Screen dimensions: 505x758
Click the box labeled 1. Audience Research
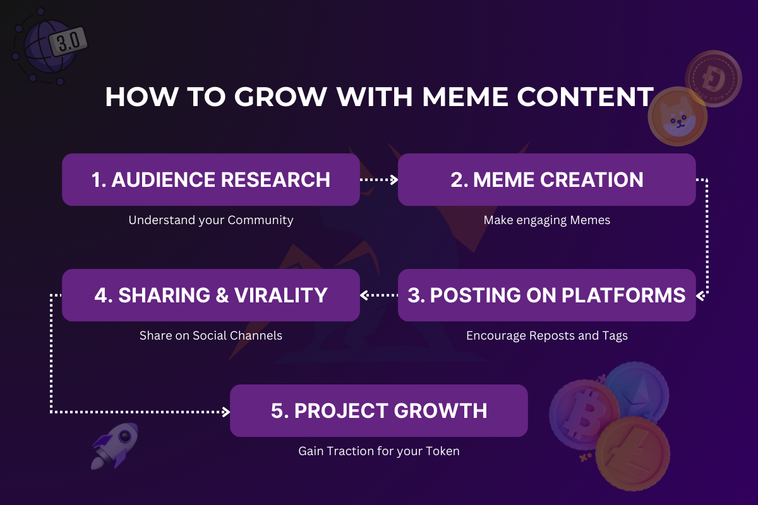(x=211, y=179)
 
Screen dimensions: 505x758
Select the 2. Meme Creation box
(x=547, y=179)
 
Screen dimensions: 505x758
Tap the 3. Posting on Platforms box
(x=547, y=295)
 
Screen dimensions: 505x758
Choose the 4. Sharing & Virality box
(x=211, y=295)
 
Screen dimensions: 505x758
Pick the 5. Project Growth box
(x=379, y=410)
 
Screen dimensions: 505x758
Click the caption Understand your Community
(x=211, y=220)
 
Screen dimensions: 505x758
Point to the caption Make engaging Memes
(x=547, y=220)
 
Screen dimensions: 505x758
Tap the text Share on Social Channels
(x=211, y=335)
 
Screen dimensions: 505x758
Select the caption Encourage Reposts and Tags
(x=547, y=335)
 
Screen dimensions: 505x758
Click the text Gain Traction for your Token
(x=379, y=451)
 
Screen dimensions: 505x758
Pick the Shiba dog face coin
(x=677, y=117)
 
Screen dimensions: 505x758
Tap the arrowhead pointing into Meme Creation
(x=394, y=180)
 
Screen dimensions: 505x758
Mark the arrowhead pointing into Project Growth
(x=226, y=412)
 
